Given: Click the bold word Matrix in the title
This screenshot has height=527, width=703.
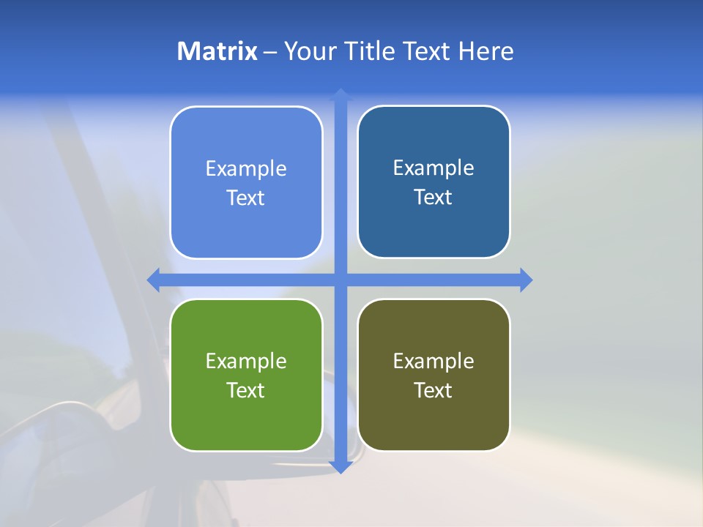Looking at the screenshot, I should coord(217,51).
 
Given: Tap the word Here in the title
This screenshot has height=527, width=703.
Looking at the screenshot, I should coord(486,51).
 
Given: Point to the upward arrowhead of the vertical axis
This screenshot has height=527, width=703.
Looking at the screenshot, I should coord(341,94).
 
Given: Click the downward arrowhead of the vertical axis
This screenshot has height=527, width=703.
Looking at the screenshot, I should coord(341,467).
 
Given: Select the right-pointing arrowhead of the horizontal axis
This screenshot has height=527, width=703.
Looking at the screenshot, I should coord(526,280).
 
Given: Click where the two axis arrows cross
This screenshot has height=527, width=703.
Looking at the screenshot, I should coord(341,280).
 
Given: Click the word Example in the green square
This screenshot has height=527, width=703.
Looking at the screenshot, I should coord(246,361).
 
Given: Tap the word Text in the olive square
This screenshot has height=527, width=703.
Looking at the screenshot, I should coord(434,390).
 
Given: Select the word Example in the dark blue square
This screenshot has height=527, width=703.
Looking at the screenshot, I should coord(434,168).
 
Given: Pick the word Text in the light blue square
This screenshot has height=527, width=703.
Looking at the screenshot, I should coord(246,198).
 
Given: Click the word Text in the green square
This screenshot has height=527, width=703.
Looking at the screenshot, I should coord(246,390).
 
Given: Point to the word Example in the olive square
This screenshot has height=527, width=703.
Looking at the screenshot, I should coord(434,361).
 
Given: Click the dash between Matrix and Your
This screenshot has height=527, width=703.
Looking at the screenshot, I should coord(270,52).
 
